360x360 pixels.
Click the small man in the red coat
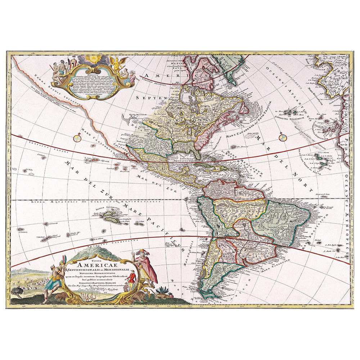click(x=132, y=279)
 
